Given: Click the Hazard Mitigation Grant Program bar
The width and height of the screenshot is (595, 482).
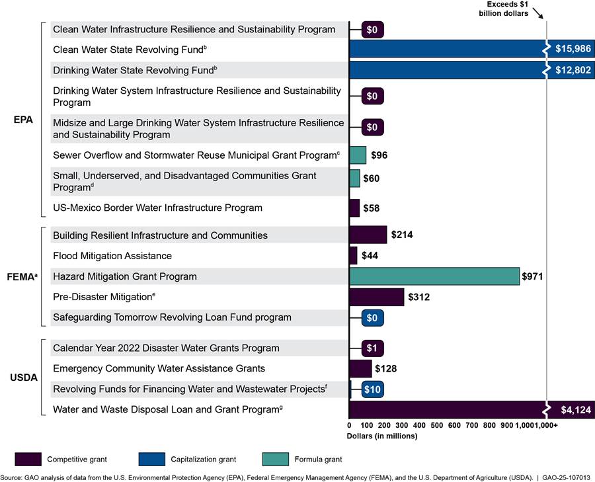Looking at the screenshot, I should [434, 276].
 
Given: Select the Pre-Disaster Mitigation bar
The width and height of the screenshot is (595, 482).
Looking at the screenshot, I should [376, 297].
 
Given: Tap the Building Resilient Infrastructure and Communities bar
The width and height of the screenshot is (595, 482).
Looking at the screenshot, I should [368, 235].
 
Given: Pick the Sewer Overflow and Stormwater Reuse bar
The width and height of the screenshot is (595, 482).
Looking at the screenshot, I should [358, 155].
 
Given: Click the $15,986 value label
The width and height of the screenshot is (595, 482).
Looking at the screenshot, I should [573, 50].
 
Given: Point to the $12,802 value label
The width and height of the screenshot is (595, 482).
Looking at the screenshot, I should [573, 70].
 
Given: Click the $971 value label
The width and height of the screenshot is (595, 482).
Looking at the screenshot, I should [532, 276].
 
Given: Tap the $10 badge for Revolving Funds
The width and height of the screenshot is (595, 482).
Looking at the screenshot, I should [372, 389].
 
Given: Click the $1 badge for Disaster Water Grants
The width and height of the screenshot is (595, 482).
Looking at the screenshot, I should [372, 348].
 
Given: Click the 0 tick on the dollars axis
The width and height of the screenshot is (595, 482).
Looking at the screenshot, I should [349, 426].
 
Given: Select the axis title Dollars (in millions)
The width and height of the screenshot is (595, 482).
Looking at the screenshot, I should [381, 436].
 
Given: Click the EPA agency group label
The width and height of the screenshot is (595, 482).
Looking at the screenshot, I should [24, 120].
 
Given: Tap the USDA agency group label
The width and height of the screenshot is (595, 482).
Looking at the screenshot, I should [24, 378].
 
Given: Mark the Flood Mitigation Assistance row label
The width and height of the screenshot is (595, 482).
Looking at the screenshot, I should [112, 256].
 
